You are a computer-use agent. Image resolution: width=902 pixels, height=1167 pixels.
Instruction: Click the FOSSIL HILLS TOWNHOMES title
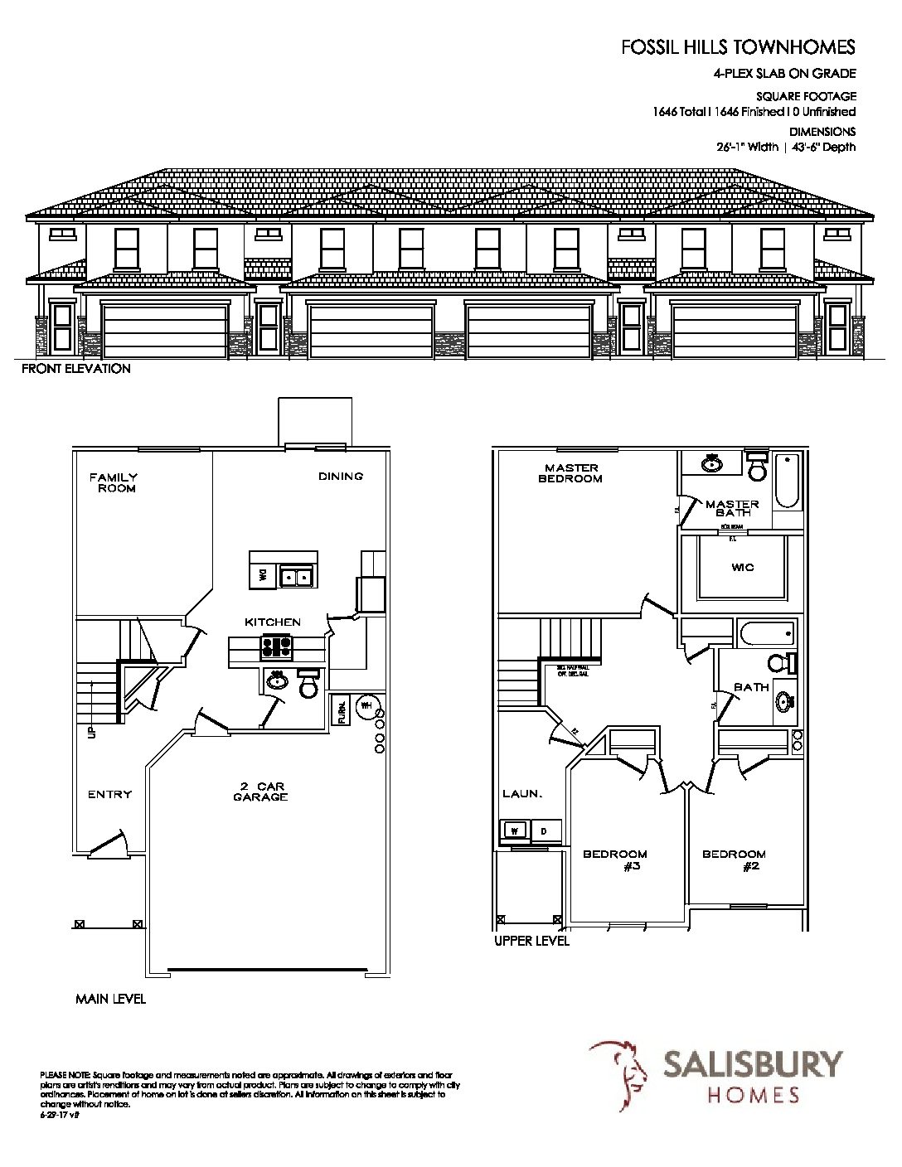click(x=738, y=48)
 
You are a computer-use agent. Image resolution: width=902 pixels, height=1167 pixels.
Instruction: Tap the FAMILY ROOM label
click(x=113, y=482)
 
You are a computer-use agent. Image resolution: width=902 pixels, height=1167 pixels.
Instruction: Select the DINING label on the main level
click(x=341, y=477)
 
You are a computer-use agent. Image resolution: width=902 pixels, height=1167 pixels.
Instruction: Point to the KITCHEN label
click(x=272, y=622)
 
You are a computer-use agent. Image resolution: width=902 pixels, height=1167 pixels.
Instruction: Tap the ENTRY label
click(x=110, y=794)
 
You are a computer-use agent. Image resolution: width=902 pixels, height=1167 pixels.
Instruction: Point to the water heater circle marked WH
click(x=366, y=706)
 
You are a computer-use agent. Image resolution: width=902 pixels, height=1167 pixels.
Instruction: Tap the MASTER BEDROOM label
click(x=572, y=473)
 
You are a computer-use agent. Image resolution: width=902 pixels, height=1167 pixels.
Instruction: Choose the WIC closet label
click(x=743, y=569)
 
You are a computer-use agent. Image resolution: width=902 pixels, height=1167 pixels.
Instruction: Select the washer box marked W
click(x=514, y=830)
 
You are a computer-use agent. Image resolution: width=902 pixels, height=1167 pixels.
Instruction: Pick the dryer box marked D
click(x=545, y=830)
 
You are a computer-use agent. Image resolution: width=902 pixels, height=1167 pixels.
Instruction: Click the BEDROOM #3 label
click(x=615, y=860)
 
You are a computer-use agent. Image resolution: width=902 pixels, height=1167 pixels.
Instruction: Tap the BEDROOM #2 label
click(x=735, y=860)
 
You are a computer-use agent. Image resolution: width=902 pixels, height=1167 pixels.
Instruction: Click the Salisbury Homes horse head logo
click(x=619, y=1075)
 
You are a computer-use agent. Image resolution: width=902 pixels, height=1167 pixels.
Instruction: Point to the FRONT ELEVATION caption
click(x=76, y=369)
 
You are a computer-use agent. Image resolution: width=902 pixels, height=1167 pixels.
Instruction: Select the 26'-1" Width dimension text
click(x=747, y=148)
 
